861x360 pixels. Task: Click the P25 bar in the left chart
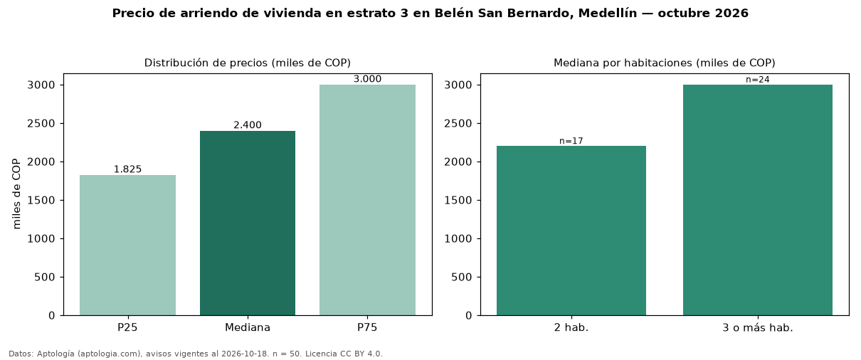(x=127, y=245)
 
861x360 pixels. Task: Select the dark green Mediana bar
(x=248, y=223)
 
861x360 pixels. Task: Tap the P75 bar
(x=367, y=200)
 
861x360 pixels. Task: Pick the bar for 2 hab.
(x=571, y=231)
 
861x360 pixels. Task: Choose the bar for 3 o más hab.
(x=758, y=200)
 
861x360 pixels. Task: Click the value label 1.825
(x=127, y=169)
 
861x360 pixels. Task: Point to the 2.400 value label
(x=248, y=125)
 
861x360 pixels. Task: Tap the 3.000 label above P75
(x=367, y=79)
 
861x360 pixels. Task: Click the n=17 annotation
(x=571, y=141)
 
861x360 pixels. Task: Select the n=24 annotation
(x=758, y=80)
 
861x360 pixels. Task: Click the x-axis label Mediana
(x=248, y=327)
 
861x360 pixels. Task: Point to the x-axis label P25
(x=127, y=327)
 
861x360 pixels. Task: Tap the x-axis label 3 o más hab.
(x=758, y=328)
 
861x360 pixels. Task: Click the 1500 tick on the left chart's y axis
(x=41, y=200)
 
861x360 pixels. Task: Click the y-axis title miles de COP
(x=16, y=194)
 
